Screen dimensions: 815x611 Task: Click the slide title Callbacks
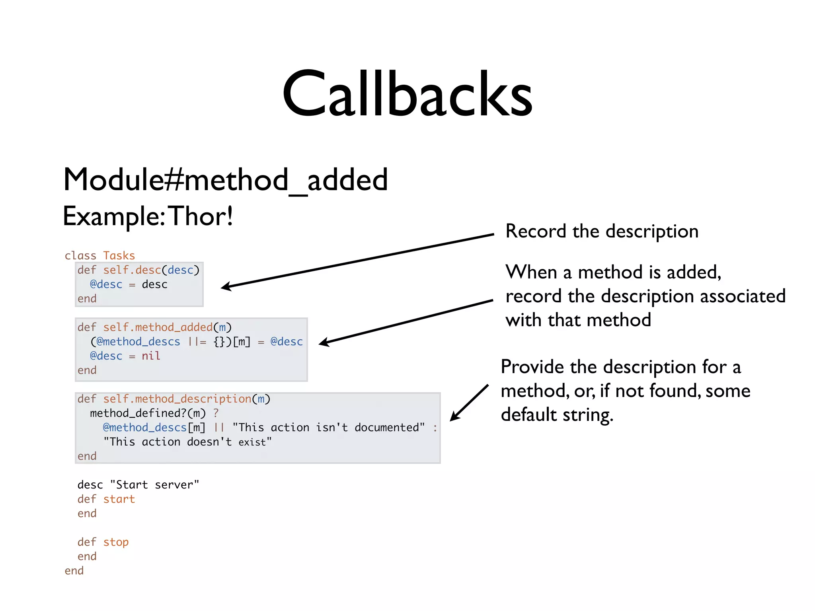pyautogui.click(x=407, y=94)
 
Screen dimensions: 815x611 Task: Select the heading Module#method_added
pyautogui.click(x=225, y=180)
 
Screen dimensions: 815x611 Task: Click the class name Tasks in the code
pyautogui.click(x=119, y=255)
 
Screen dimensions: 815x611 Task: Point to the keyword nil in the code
pyautogui.click(x=151, y=356)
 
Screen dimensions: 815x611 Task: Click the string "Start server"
pyautogui.click(x=154, y=485)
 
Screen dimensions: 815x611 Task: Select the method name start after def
pyautogui.click(x=119, y=499)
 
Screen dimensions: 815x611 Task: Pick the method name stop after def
pyautogui.click(x=116, y=542)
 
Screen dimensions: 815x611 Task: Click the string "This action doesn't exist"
pyautogui.click(x=187, y=442)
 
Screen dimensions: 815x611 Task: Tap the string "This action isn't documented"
pyautogui.click(x=329, y=427)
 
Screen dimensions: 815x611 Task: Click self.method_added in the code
pyautogui.click(x=158, y=327)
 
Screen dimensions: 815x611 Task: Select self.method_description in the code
pyautogui.click(x=177, y=399)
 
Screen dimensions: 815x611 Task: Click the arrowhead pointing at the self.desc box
pyautogui.click(x=226, y=286)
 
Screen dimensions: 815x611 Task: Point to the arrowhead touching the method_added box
pyautogui.click(x=324, y=342)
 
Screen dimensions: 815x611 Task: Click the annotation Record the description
pyautogui.click(x=602, y=231)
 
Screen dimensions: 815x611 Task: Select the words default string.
pyautogui.click(x=557, y=415)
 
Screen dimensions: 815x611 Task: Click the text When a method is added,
pyautogui.click(x=613, y=272)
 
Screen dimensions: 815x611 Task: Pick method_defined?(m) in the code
pyautogui.click(x=148, y=413)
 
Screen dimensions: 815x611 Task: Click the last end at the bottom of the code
pyautogui.click(x=74, y=570)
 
